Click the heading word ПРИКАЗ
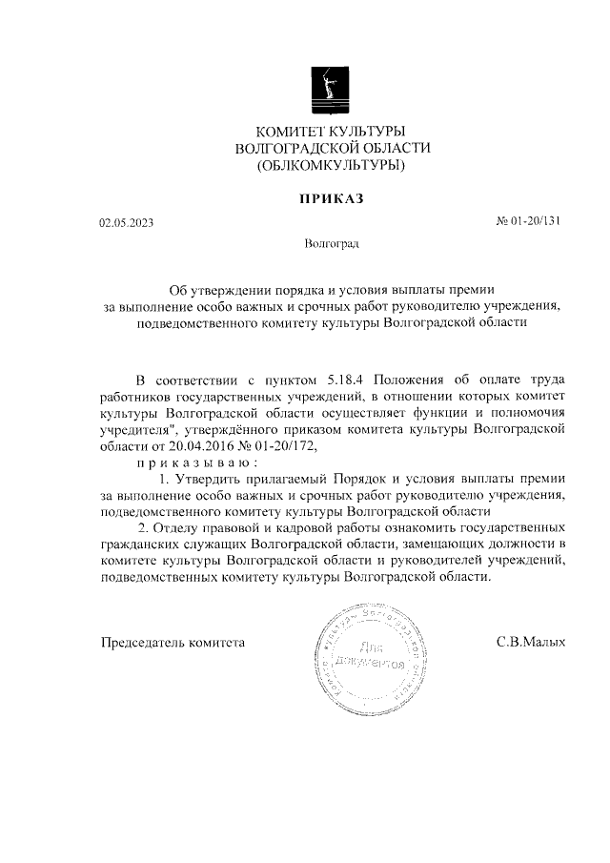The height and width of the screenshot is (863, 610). pos(332,198)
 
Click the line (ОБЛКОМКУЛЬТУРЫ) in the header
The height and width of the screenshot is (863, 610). pos(332,165)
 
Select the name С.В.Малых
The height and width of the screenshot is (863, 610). pos(531,642)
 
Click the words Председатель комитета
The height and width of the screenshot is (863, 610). pos(173,642)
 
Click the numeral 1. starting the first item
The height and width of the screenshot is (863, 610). pos(165,478)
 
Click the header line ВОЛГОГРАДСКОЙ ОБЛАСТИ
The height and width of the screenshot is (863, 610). pos(332,148)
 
